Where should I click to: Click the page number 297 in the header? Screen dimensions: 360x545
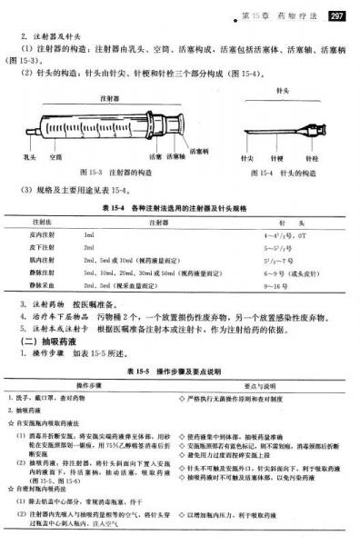336,15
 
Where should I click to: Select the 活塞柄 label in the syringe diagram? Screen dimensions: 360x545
198,148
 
